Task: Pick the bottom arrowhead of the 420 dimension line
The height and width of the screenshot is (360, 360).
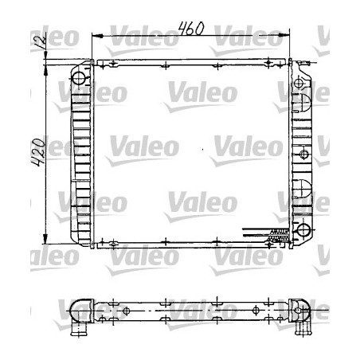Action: pos(50,242)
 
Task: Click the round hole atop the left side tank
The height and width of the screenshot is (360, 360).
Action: pos(78,78)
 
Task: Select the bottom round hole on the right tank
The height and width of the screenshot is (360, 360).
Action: pos(303,230)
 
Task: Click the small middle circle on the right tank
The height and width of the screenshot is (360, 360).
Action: pos(303,153)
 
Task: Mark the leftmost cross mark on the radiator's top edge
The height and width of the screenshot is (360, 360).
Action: pos(114,64)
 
